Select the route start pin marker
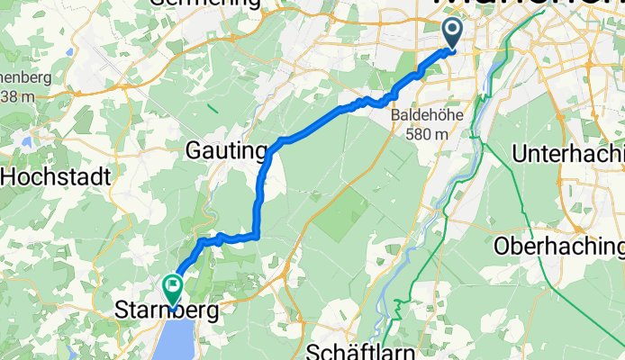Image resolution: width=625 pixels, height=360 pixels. click(x=452, y=35)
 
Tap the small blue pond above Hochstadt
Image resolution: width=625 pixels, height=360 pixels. click(x=28, y=141)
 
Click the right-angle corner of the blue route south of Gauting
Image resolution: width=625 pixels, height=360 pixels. click(x=258, y=238)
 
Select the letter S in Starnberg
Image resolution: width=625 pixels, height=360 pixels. click(x=122, y=311)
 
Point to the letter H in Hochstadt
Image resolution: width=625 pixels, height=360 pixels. click(x=9, y=177)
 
